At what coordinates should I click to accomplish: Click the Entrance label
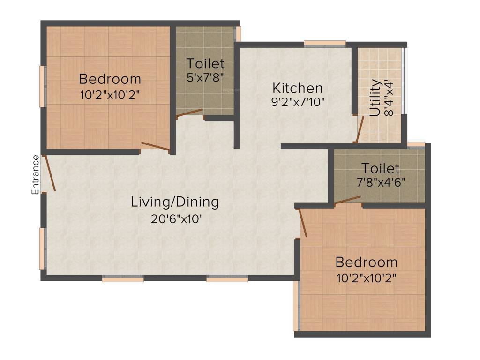coord(35,174)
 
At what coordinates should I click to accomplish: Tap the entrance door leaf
coord(50,173)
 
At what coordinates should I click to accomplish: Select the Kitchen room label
coord(298,88)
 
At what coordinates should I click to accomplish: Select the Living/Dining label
coord(175,202)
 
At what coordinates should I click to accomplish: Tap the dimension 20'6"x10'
coord(175,218)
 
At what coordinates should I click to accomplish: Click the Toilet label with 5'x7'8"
coord(205,63)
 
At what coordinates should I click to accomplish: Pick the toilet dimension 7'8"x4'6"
coord(380,181)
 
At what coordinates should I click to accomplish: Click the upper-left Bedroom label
coord(110,78)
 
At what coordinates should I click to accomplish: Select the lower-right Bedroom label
coord(366,262)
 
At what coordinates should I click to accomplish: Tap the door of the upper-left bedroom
coord(155,147)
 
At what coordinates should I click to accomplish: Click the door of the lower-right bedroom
coord(303,223)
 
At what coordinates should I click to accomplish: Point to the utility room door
coord(359,130)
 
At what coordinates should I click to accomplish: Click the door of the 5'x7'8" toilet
coord(190,113)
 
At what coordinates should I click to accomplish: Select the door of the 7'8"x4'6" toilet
coord(348,200)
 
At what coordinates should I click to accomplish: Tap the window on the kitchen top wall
coord(325,44)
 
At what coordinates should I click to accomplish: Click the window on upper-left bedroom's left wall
coord(42,86)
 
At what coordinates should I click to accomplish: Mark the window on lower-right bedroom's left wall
coord(296,306)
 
